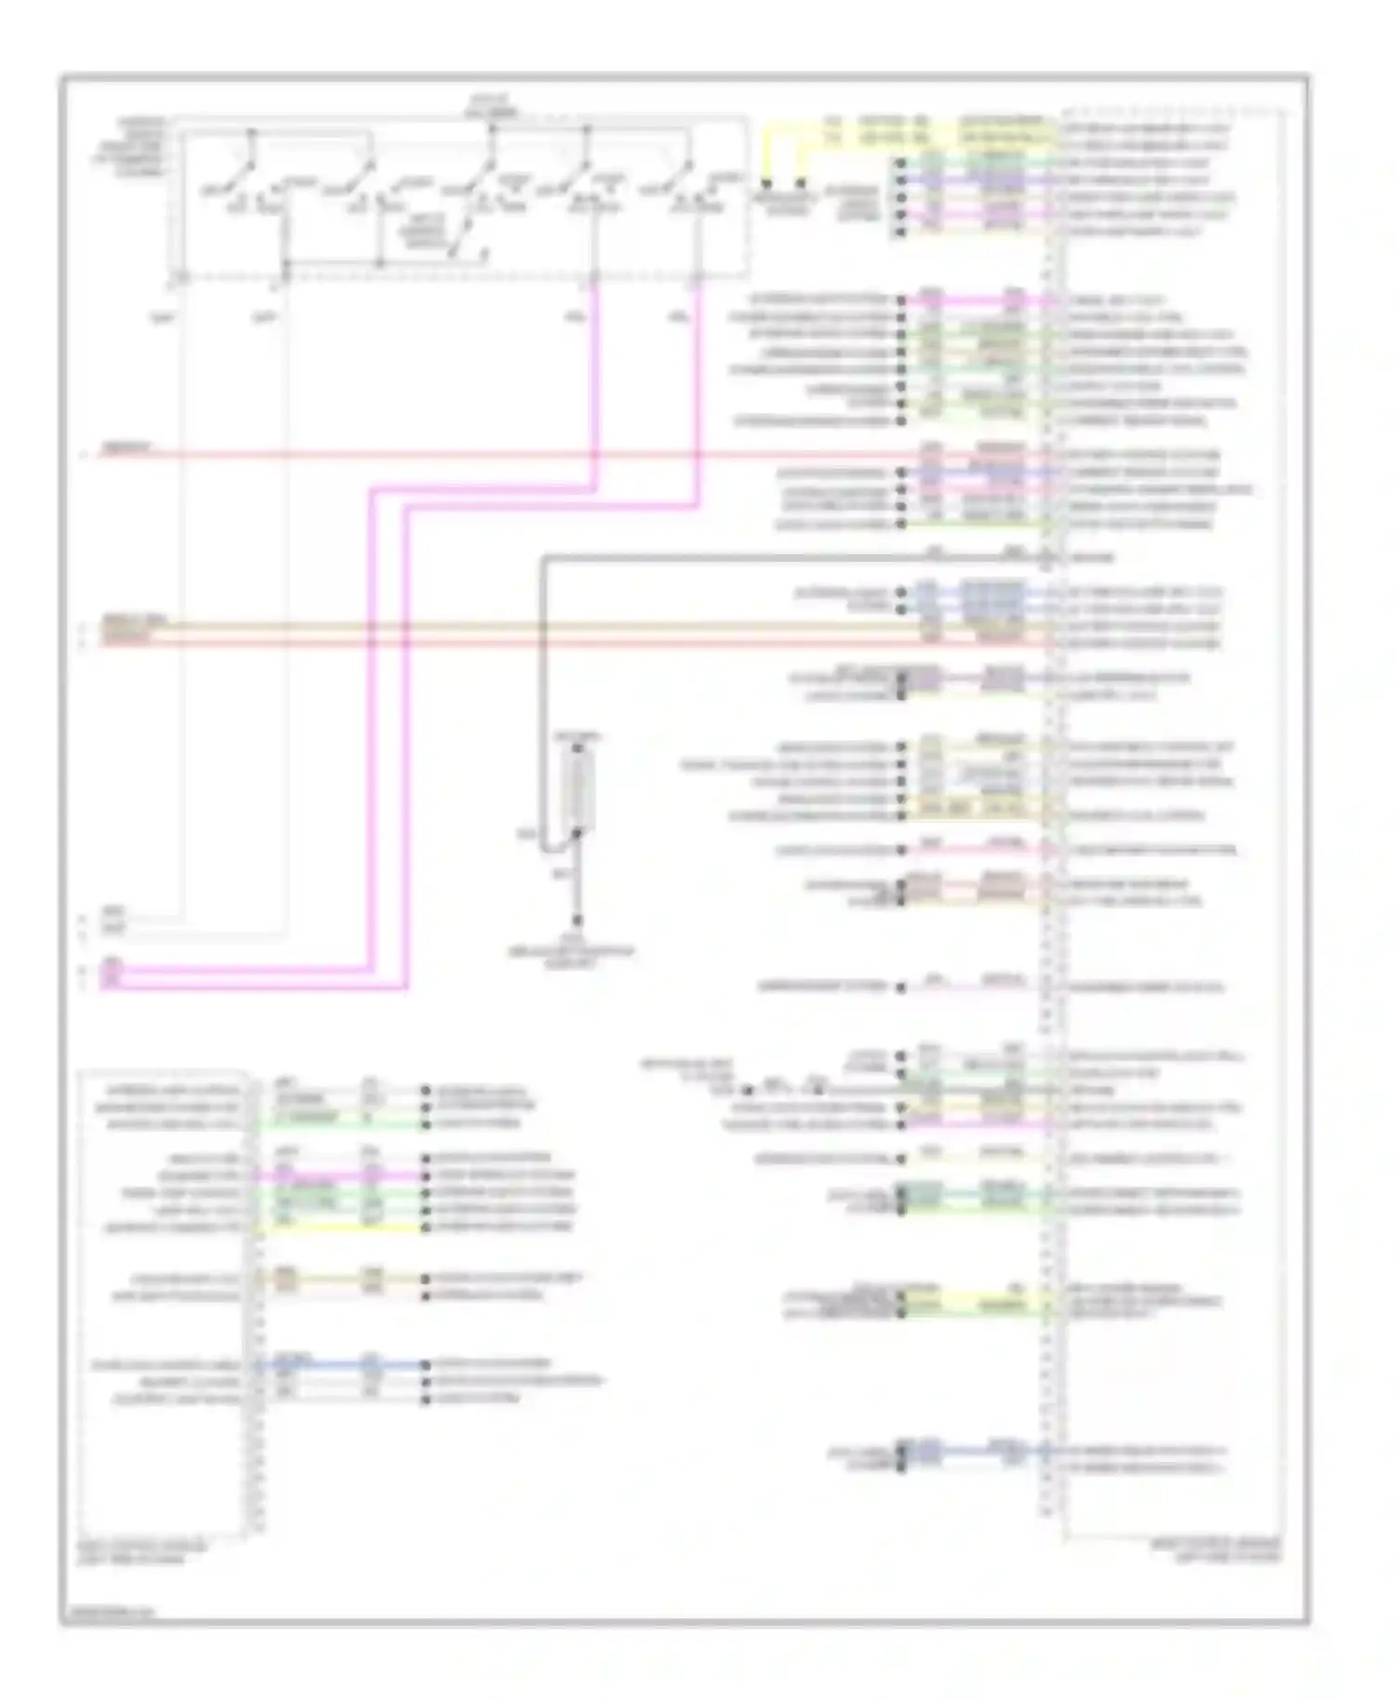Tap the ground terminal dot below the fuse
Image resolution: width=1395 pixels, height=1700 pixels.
coord(577,921)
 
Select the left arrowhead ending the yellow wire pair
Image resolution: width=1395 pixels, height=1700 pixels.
coord(766,184)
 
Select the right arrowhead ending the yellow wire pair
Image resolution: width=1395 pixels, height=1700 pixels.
coord(800,184)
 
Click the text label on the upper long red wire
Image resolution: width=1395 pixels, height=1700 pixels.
coord(126,448)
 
